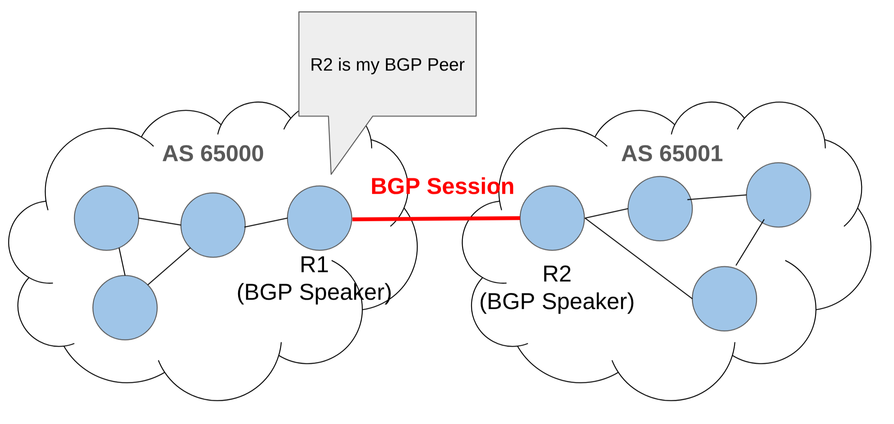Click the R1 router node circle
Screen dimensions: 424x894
coord(320,218)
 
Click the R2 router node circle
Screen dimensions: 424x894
coord(552,218)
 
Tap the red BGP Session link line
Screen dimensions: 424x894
coord(435,219)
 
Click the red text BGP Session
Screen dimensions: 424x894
coord(442,186)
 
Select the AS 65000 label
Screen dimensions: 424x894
coord(213,154)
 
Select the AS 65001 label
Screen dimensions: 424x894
coord(672,154)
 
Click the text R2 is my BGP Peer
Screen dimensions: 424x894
coord(387,65)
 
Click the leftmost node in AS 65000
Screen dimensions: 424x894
coord(106,218)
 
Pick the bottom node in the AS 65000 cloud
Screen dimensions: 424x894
coord(125,308)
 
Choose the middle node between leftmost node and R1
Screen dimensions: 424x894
coord(213,225)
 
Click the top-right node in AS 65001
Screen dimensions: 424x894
coord(779,195)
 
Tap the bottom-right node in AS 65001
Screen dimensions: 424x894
coord(724,299)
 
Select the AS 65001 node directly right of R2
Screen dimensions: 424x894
coord(660,209)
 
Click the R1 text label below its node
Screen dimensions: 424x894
coord(314,265)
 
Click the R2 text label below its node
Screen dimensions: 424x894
coord(557,274)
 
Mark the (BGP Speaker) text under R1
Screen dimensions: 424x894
coord(314,292)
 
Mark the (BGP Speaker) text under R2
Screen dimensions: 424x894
coord(557,301)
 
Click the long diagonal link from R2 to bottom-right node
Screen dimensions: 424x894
coord(638,259)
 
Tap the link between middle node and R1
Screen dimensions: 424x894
coord(266,222)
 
